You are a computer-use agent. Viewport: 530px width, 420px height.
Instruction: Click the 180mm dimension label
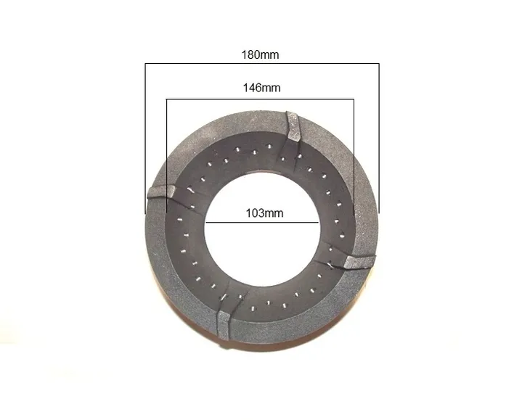click(260, 54)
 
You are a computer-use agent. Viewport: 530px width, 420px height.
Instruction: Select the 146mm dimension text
click(261, 88)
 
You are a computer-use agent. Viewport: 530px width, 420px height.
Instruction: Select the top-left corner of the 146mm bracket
click(167, 99)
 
